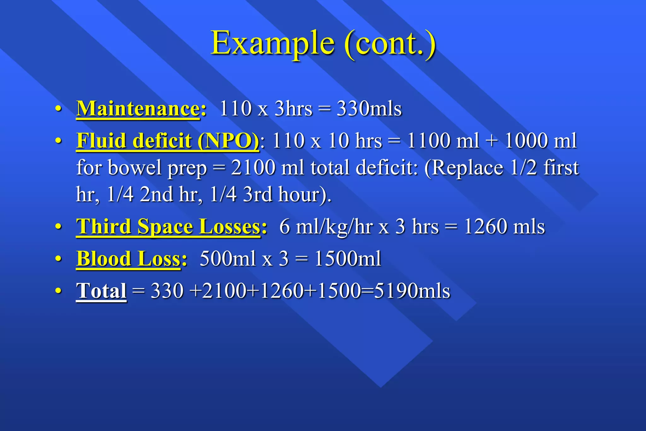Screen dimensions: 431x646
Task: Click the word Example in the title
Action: pos(273,43)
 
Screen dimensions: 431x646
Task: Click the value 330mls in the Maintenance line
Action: pos(369,109)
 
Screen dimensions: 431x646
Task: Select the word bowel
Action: pos(135,168)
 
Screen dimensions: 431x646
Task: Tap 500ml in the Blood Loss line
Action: pos(227,259)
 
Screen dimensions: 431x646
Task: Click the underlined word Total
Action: pos(101,291)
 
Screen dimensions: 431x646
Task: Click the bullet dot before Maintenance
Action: pos(58,109)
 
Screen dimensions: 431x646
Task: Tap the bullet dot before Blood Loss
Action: pos(58,259)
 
